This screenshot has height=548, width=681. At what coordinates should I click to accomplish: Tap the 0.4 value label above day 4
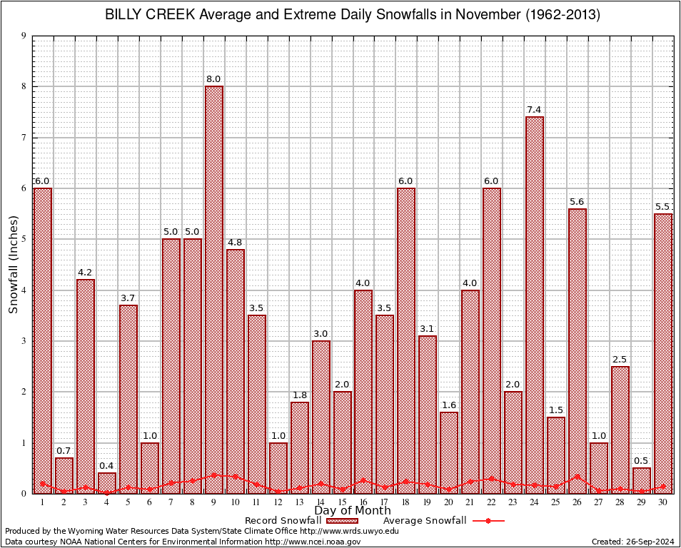107,466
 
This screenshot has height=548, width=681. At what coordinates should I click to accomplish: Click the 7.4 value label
535,110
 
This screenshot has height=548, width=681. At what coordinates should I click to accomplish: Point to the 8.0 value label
214,79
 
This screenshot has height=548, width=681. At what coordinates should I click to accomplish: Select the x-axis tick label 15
342,502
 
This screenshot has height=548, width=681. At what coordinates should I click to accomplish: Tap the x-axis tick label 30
663,502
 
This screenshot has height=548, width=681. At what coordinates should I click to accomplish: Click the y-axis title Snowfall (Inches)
14,264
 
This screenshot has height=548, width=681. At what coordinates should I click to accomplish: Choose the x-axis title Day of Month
352,511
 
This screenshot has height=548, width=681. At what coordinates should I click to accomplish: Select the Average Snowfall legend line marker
488,521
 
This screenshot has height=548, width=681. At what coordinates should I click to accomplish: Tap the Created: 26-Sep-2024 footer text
633,542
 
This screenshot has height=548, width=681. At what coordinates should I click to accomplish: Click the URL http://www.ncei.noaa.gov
313,542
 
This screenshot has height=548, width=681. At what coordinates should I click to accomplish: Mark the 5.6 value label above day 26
577,202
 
